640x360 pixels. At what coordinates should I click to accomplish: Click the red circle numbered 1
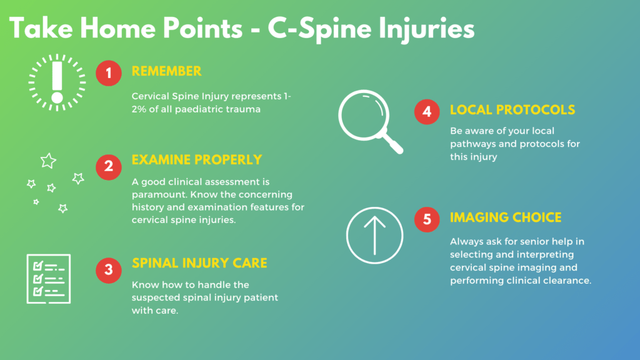click(109, 73)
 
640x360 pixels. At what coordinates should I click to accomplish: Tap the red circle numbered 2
click(109, 167)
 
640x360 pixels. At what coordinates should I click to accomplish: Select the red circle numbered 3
click(109, 270)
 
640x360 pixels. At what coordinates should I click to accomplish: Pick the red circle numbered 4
click(427, 112)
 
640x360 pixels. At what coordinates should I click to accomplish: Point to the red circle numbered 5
click(427, 219)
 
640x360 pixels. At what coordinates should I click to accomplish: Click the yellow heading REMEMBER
click(166, 71)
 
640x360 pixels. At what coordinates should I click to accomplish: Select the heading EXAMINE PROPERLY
click(197, 159)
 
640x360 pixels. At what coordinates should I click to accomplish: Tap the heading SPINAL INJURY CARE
click(199, 263)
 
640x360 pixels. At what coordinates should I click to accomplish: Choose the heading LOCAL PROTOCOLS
click(512, 110)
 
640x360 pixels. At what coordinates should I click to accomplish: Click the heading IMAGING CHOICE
click(506, 217)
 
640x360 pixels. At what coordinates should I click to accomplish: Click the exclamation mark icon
click(57, 82)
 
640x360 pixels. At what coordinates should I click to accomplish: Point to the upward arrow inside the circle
click(375, 236)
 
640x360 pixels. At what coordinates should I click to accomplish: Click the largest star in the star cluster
click(48, 161)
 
